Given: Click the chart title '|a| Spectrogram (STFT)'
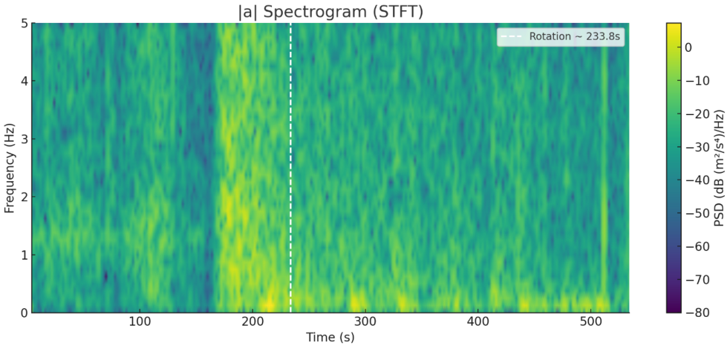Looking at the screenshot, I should (x=330, y=11).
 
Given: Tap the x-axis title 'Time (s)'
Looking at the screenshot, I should (x=330, y=337).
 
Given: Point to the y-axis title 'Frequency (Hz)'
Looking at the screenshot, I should (x=10, y=168).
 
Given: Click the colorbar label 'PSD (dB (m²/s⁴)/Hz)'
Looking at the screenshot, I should (x=719, y=168).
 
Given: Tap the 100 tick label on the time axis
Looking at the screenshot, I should (x=139, y=322).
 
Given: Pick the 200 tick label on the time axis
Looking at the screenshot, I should (x=252, y=322).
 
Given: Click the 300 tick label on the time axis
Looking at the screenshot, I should (x=365, y=322).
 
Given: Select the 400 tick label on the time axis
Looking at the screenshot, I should (x=477, y=322).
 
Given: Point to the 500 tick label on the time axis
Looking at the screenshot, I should (x=590, y=322).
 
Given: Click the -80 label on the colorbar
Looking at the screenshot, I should (x=695, y=313).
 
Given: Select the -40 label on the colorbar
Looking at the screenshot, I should (x=695, y=180).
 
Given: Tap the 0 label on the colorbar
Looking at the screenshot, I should (x=689, y=48).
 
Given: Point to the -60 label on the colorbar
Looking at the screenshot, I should (x=695, y=246).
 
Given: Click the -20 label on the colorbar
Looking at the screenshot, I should (x=695, y=114).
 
